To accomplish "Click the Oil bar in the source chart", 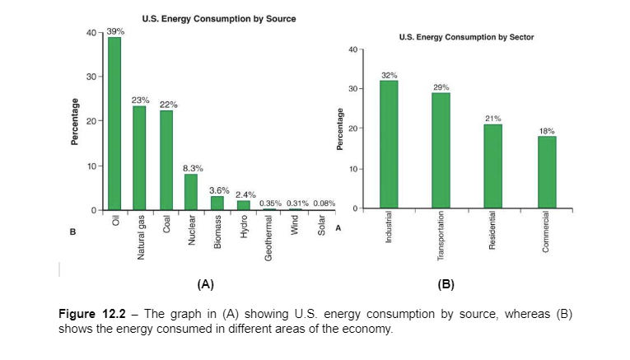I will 114,124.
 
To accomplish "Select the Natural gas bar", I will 139,158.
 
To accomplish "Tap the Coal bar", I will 166,160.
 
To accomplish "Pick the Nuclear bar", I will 191,192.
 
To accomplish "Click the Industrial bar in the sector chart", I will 389,144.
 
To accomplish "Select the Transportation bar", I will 441,150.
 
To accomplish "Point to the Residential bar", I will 492,166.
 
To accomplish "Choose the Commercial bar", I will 547,172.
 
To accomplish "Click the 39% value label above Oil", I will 116,30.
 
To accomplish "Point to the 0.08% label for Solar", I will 324,203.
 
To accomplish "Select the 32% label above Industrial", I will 390,74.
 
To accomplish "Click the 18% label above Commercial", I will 547,130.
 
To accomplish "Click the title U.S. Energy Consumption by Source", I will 219,18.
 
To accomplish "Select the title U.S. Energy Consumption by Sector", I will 465,37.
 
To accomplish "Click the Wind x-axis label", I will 294,228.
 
